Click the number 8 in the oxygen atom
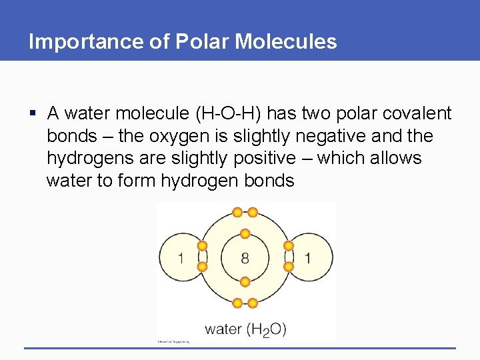[x=245, y=258]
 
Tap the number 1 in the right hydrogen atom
[x=307, y=258]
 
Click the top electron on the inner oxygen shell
[x=245, y=234]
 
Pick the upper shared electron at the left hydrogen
[x=201, y=246]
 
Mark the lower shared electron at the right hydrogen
[x=289, y=267]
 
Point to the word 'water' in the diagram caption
[x=223, y=329]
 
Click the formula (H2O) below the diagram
[x=266, y=329]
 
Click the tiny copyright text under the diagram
[x=173, y=342]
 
